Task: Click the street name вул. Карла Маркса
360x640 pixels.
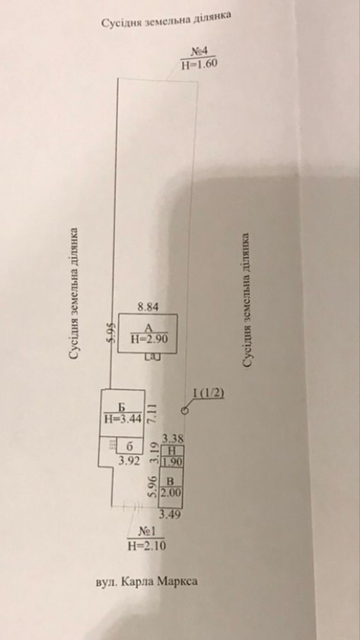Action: (x=146, y=581)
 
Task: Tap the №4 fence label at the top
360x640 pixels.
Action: (x=200, y=51)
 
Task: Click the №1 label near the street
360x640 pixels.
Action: (x=146, y=532)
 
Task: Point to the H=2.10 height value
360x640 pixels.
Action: (x=147, y=546)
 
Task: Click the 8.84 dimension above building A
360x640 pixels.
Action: (x=147, y=307)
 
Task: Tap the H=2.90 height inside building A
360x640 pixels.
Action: (x=149, y=338)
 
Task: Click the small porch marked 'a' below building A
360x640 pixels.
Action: (x=153, y=357)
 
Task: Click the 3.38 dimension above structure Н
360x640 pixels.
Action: (x=173, y=439)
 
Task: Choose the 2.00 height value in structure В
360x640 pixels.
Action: (x=171, y=493)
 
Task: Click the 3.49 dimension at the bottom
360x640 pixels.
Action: (x=169, y=514)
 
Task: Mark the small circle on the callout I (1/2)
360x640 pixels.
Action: (x=185, y=411)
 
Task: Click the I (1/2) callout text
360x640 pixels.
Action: (x=209, y=393)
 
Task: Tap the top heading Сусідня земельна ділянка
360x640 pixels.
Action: (x=167, y=19)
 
